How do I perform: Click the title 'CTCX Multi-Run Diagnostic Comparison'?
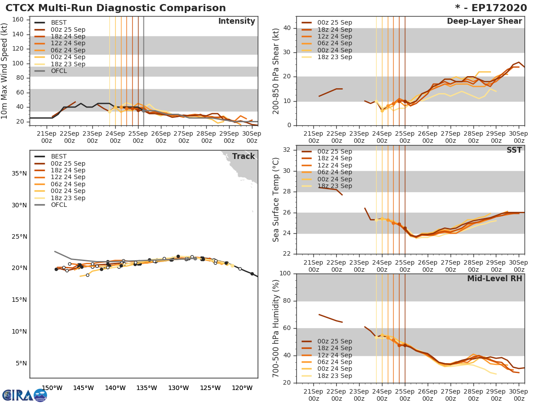point(116,8)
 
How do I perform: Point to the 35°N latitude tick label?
point(19,173)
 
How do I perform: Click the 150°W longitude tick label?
point(52,388)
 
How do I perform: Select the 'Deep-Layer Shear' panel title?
point(484,21)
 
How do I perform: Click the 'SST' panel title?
point(514,150)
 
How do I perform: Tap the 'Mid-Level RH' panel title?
point(495,279)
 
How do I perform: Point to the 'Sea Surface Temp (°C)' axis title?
point(276,200)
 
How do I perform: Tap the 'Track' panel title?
point(243,156)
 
